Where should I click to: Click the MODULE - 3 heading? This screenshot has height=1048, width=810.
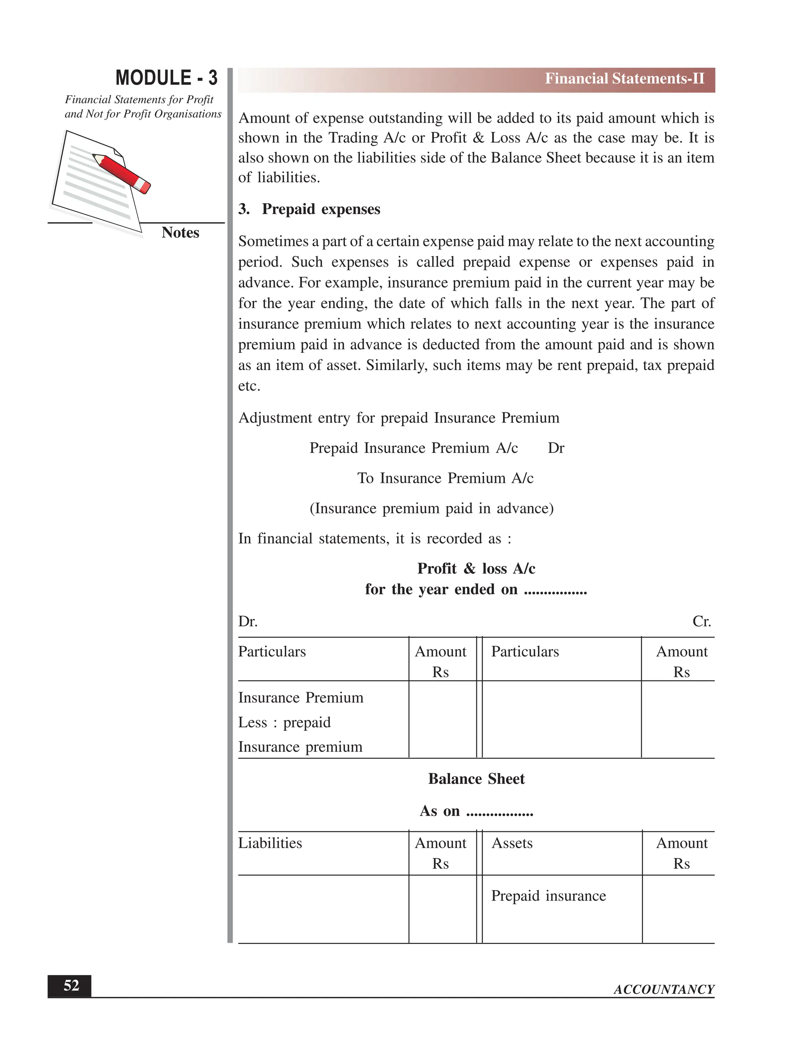click(166, 78)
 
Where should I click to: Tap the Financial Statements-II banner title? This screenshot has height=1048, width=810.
click(624, 79)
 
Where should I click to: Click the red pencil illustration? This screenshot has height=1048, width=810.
click(122, 173)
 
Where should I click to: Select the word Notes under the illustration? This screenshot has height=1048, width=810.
click(180, 233)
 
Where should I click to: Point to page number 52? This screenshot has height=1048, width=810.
click(71, 985)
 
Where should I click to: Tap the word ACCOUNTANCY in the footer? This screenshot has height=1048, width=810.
click(664, 989)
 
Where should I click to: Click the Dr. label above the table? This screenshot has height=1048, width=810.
click(248, 621)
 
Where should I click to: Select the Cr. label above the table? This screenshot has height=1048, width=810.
click(701, 621)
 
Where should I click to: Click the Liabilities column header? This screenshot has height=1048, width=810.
click(270, 843)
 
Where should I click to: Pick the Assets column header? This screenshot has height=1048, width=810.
click(512, 843)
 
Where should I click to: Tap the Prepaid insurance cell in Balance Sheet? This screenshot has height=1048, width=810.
click(549, 896)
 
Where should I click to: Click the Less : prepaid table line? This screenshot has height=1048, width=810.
click(284, 722)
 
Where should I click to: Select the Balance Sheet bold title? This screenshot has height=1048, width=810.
click(476, 779)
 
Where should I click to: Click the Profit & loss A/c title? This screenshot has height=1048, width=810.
click(476, 569)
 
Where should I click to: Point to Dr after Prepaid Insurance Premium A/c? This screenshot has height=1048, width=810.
click(556, 448)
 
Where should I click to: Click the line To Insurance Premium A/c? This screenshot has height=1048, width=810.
click(445, 479)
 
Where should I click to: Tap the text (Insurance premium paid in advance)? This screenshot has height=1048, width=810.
click(431, 509)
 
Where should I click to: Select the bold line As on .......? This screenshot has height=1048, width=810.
click(476, 811)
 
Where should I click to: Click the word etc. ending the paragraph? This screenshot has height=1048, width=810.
click(249, 386)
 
